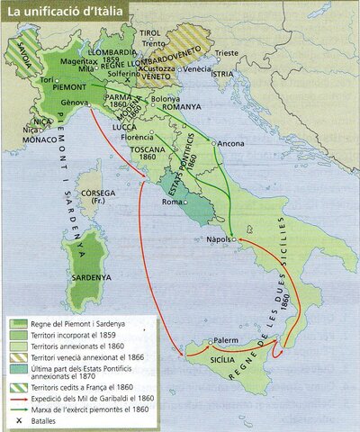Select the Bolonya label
click(166, 98)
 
